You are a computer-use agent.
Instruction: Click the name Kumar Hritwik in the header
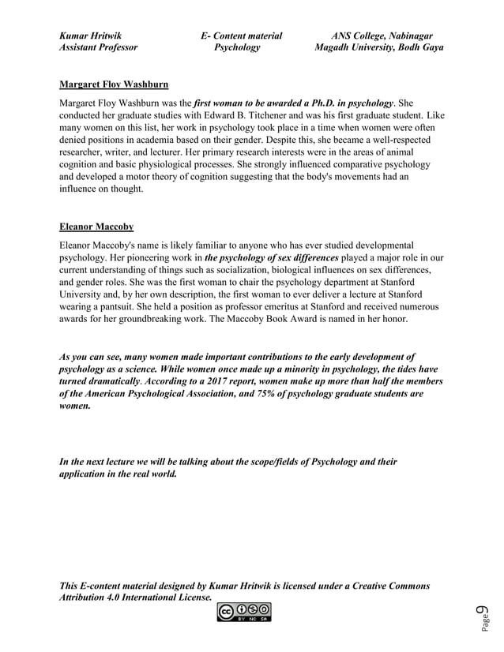pyautogui.click(x=91, y=36)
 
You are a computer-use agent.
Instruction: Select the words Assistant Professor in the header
pyautogui.click(x=98, y=47)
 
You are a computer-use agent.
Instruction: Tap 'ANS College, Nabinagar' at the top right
pyautogui.click(x=382, y=36)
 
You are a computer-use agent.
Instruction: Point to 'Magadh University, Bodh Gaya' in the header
pyautogui.click(x=378, y=47)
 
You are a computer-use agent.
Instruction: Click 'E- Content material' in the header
pyautogui.click(x=241, y=36)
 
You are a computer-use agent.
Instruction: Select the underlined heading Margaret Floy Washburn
pyautogui.click(x=114, y=84)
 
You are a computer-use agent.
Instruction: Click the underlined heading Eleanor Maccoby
pyautogui.click(x=96, y=227)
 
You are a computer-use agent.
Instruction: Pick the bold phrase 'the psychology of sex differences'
pyautogui.click(x=272, y=258)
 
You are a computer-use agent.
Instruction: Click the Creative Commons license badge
pyautogui.click(x=244, y=612)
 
